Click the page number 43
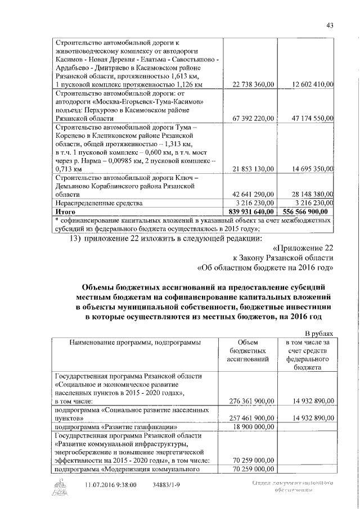330,24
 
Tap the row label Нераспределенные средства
99,202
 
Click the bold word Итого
65,211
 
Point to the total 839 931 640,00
249,211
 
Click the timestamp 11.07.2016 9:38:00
110,484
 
